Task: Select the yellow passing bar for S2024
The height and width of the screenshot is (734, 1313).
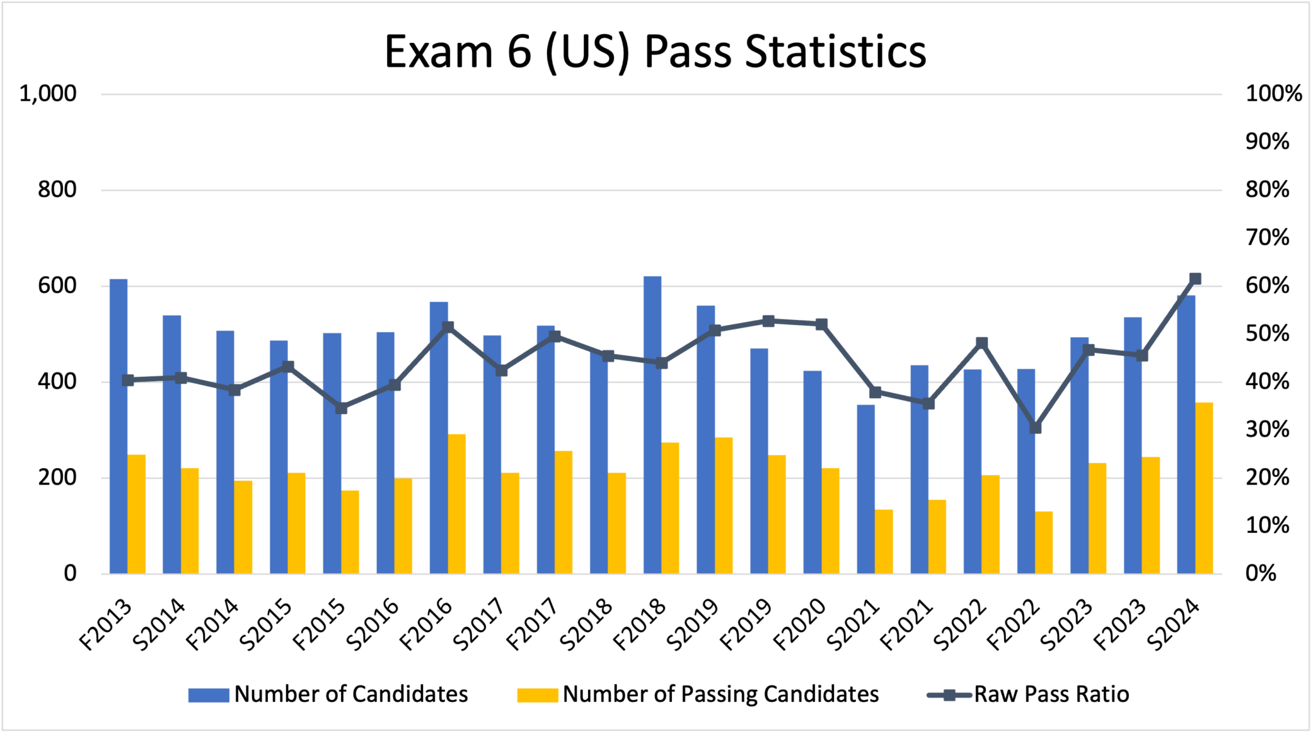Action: (1204, 488)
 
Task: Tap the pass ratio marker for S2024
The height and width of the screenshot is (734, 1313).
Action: (1195, 279)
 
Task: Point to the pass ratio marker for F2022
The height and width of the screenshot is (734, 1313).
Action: (1035, 428)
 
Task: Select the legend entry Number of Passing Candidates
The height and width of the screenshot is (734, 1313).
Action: (698, 694)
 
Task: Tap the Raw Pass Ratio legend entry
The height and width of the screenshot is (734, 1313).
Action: (1028, 694)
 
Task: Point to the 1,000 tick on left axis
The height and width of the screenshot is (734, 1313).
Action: (48, 94)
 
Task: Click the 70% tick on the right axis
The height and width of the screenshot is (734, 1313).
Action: (1267, 238)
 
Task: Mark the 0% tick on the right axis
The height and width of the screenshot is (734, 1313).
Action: (1260, 573)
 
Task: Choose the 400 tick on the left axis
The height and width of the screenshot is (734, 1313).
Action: (57, 382)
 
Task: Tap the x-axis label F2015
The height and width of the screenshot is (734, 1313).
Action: (320, 625)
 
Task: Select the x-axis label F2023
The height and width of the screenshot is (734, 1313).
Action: (1120, 625)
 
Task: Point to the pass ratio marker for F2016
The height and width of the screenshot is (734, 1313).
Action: (447, 327)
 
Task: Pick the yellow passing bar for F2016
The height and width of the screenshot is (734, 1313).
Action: (456, 504)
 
